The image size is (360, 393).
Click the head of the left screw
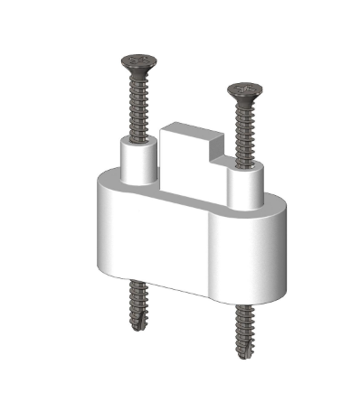click(138, 63)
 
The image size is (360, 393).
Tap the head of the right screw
click(244, 90)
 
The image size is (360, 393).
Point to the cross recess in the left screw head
click(138, 61)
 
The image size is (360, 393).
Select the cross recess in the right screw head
click(244, 89)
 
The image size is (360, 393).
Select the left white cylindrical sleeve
click(138, 161)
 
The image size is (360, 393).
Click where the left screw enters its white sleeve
click(138, 138)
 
